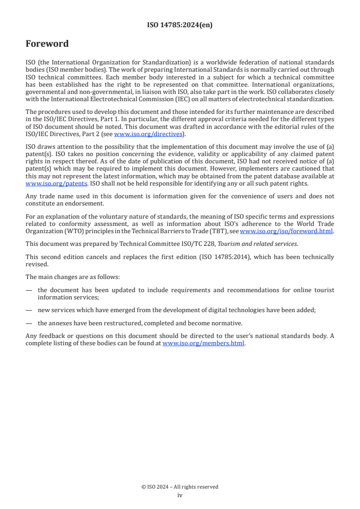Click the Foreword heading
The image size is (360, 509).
47,44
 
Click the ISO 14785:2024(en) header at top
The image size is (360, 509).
180,25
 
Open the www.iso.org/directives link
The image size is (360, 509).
148,134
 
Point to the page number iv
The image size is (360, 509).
180,495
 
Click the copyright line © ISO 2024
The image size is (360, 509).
180,487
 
